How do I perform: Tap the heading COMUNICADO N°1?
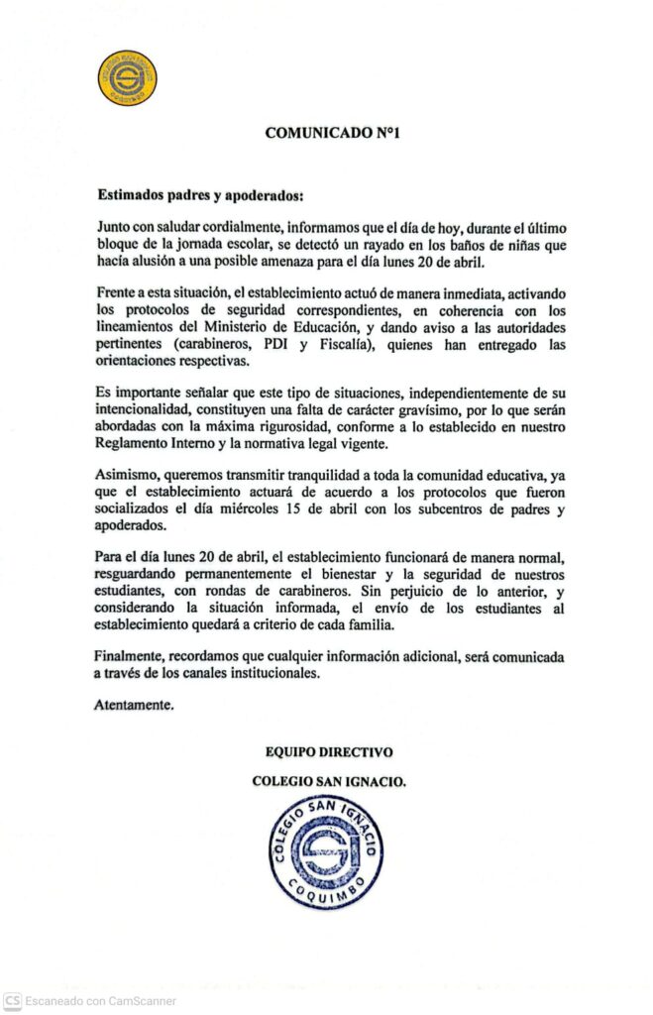(326, 132)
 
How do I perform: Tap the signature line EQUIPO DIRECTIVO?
(329, 752)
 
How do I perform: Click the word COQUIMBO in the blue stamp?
(326, 894)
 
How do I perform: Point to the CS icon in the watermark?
(13, 1001)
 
